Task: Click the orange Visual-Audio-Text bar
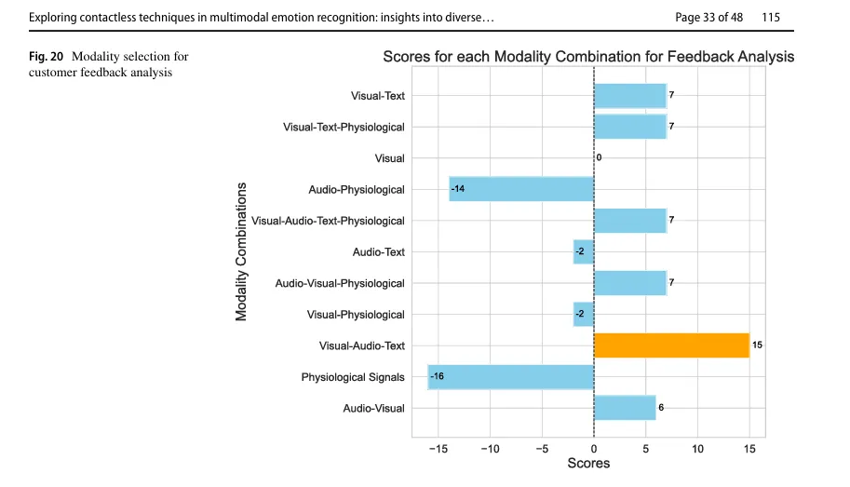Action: (x=671, y=345)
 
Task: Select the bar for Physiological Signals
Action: (x=510, y=377)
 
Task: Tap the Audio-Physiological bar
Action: (x=521, y=189)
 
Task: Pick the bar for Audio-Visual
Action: (x=625, y=408)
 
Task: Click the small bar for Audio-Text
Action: (x=584, y=251)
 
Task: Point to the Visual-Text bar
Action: (x=630, y=96)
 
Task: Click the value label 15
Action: (x=757, y=345)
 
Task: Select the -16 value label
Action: (x=437, y=376)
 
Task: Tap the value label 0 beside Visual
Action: (x=599, y=157)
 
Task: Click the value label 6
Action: (x=661, y=408)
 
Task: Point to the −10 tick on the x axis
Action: (x=490, y=449)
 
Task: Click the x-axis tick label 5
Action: (x=645, y=449)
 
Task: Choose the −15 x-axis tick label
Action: (x=438, y=449)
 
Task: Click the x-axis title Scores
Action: (x=588, y=463)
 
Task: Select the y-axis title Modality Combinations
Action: (x=241, y=251)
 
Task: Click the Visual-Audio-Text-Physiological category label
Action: (x=328, y=221)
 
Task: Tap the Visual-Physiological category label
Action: (x=356, y=315)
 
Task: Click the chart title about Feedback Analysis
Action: (x=588, y=57)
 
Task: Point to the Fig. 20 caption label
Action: (x=46, y=57)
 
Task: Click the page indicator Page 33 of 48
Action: (x=709, y=18)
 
